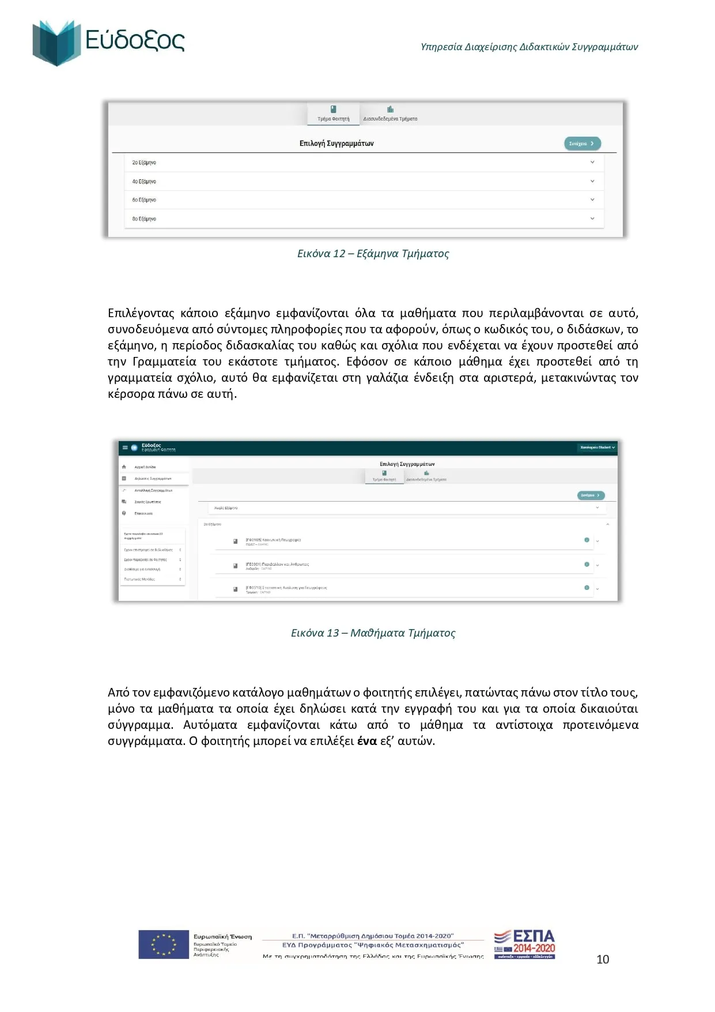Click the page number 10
pyautogui.click(x=603, y=959)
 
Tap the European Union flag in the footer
pyautogui.click(x=164, y=945)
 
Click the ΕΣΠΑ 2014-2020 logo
pyautogui.click(x=525, y=943)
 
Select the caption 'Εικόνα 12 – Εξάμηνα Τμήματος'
pyautogui.click(x=373, y=254)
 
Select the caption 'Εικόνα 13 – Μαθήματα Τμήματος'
pyautogui.click(x=373, y=633)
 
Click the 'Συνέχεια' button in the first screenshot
pyautogui.click(x=581, y=144)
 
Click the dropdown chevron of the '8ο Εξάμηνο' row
pyautogui.click(x=592, y=219)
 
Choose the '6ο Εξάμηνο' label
pyautogui.click(x=144, y=200)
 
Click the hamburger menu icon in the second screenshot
pyautogui.click(x=125, y=447)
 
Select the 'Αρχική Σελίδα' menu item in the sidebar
pyautogui.click(x=145, y=467)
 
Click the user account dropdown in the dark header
pyautogui.click(x=597, y=447)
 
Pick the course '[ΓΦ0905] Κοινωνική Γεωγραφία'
pyautogui.click(x=273, y=540)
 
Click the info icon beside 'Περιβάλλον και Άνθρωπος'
pyautogui.click(x=587, y=565)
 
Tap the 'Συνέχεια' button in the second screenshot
pyautogui.click(x=591, y=495)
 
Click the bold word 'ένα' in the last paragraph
pyautogui.click(x=367, y=741)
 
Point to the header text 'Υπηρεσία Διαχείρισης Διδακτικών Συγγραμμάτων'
pyautogui.click(x=529, y=47)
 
